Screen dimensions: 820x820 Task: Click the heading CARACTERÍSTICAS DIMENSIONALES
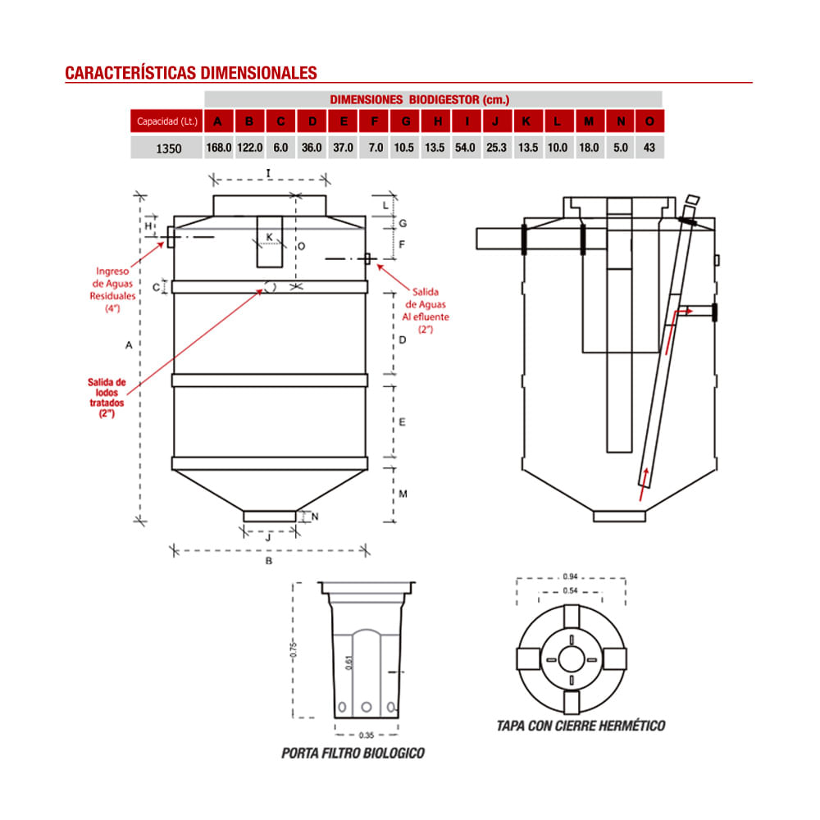(190, 73)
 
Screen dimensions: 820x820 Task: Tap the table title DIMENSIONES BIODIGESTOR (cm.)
(419, 99)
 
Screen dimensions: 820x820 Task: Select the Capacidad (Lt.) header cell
(166, 122)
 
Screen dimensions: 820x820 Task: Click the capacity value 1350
(167, 148)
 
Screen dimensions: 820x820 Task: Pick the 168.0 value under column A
(218, 148)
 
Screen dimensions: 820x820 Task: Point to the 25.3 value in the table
(496, 148)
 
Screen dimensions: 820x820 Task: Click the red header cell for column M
(589, 122)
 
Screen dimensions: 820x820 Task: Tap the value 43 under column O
(649, 148)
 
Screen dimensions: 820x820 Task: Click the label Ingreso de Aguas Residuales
(112, 289)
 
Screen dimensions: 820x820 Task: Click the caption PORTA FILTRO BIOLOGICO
(353, 753)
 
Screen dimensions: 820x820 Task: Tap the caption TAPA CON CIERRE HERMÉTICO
(581, 726)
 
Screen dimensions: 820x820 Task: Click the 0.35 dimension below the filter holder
(367, 735)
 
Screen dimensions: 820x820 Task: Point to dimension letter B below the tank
(268, 561)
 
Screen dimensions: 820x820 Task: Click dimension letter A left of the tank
(129, 346)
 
